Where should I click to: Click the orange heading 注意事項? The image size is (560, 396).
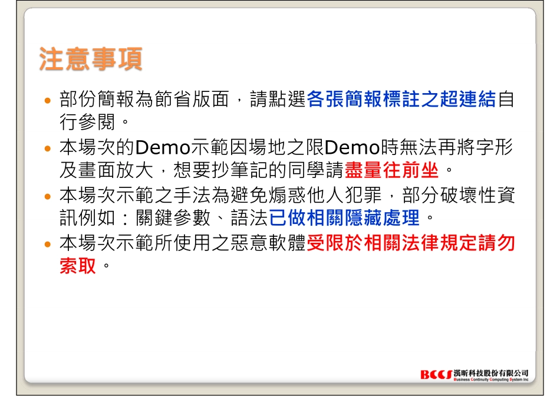pos(90,60)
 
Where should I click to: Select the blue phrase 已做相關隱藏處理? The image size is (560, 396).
pos(344,219)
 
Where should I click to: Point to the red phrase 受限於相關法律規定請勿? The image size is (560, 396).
pos(411,243)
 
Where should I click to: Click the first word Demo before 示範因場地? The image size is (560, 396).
pos(161,147)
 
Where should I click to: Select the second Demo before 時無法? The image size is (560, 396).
pos(351,147)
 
